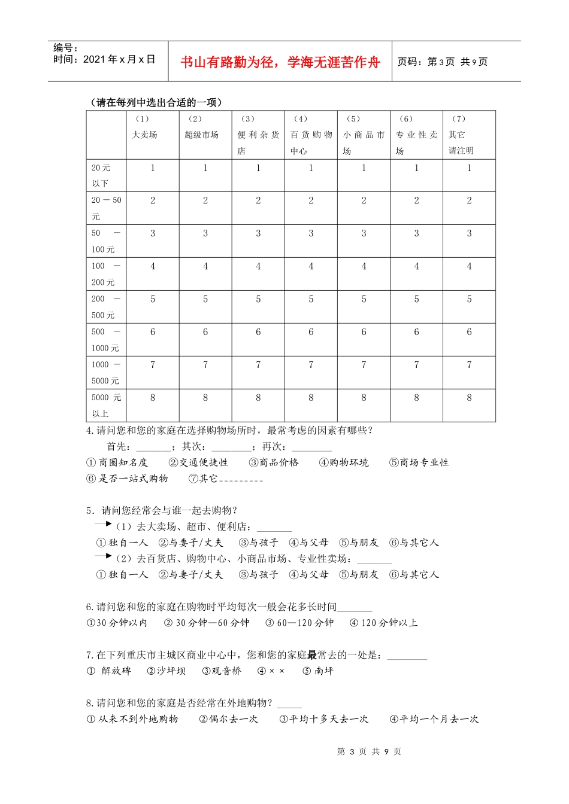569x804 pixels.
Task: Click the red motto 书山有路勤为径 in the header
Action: [x=280, y=62]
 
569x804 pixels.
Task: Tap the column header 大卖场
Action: [x=145, y=135]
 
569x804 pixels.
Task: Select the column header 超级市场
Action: [x=202, y=135]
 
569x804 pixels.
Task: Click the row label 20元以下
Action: [x=101, y=175]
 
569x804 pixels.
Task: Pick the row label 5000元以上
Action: [x=106, y=405]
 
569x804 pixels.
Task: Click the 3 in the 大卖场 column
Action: [x=153, y=233]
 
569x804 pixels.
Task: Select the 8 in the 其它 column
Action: [x=469, y=397]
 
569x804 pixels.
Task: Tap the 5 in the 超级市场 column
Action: [x=205, y=299]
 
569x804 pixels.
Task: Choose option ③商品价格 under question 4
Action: [x=274, y=462]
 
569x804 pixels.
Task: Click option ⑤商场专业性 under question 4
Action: [x=419, y=462]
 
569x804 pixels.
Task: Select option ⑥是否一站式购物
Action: [x=128, y=479]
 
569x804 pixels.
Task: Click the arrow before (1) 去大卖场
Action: [x=103, y=524]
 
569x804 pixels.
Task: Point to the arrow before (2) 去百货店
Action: [x=103, y=556]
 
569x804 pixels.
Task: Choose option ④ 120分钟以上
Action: [x=383, y=623]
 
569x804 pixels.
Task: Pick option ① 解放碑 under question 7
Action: [x=109, y=671]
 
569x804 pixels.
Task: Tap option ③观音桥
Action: [x=222, y=671]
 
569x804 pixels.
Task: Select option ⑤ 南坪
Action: [x=318, y=671]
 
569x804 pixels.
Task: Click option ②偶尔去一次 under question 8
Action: [x=229, y=719]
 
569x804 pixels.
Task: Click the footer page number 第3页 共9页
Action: [x=369, y=751]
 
